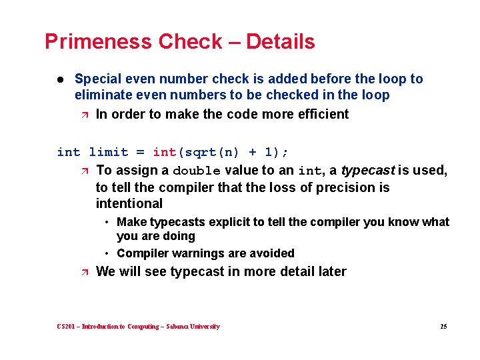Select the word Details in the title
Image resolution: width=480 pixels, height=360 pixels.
(x=280, y=42)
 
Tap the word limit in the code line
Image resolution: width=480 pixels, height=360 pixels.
(x=108, y=152)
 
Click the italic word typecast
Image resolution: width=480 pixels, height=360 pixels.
(x=368, y=170)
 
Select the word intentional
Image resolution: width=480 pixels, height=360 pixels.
(x=129, y=203)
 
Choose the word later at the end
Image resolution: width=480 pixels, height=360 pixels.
(x=331, y=271)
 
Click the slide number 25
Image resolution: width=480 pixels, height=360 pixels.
(x=443, y=327)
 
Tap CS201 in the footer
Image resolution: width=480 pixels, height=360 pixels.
(x=66, y=327)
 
